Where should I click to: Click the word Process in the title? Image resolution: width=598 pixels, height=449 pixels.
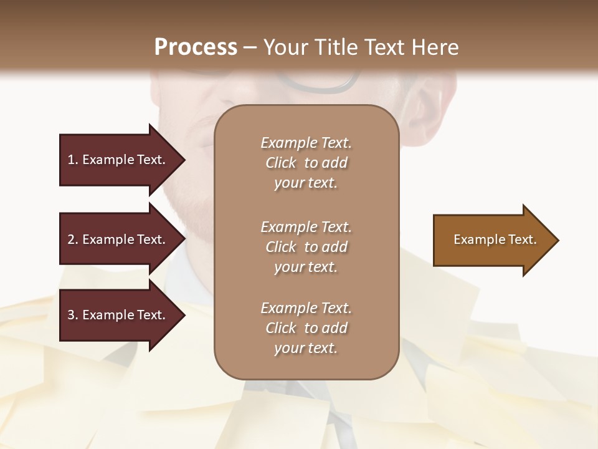(x=196, y=47)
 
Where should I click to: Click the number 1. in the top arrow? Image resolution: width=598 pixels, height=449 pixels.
(x=73, y=160)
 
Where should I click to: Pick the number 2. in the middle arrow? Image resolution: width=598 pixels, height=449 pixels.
(x=73, y=239)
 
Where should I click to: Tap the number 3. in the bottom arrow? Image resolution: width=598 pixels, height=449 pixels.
(x=73, y=315)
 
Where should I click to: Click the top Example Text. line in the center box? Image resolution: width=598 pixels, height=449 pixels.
(x=306, y=143)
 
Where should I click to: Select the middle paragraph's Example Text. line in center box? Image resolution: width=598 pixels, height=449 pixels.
(x=306, y=226)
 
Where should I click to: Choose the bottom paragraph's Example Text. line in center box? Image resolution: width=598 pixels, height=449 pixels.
(x=306, y=308)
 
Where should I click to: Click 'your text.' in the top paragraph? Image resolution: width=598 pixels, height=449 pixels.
(x=306, y=183)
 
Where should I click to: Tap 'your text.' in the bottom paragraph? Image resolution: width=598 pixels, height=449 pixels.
(x=306, y=348)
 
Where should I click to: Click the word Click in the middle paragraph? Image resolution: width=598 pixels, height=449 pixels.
(x=280, y=247)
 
